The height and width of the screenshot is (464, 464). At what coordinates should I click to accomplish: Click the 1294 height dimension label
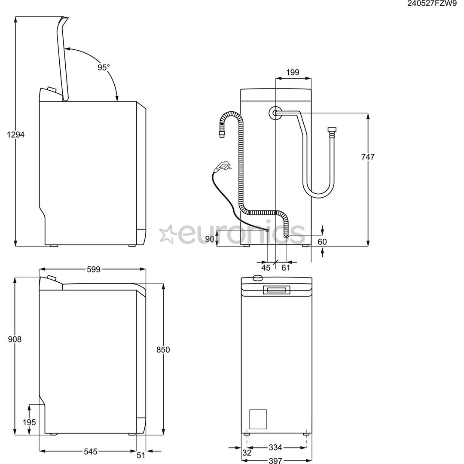click(16, 134)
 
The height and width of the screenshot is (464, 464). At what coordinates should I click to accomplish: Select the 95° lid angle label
click(103, 67)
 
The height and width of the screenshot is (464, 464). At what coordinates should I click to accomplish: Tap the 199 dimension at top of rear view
click(293, 72)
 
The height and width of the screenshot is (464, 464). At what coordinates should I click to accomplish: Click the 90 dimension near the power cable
click(210, 239)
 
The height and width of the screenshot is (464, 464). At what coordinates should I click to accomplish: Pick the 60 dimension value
click(322, 242)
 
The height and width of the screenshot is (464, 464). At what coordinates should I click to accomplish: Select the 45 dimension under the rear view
click(266, 268)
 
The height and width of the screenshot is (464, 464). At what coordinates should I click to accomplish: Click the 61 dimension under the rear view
click(286, 268)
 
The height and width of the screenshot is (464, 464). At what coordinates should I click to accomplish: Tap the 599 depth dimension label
click(93, 269)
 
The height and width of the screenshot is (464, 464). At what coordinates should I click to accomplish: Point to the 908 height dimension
click(15, 339)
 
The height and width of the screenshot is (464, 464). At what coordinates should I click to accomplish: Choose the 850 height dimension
click(163, 350)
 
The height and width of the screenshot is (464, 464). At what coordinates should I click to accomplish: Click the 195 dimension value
click(29, 422)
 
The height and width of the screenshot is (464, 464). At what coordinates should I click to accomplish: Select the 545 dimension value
click(91, 452)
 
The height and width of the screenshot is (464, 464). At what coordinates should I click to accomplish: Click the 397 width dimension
click(275, 461)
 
